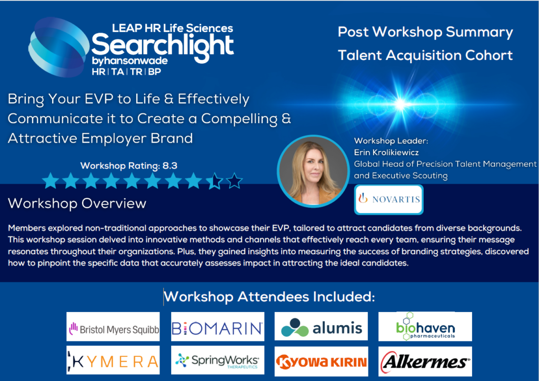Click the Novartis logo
click(x=388, y=199)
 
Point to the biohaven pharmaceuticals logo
click(x=425, y=327)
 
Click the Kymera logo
click(x=113, y=361)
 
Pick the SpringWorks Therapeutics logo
click(x=217, y=361)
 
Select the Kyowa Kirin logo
click(x=321, y=362)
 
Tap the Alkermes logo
click(x=425, y=362)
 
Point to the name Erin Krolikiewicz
click(x=387, y=153)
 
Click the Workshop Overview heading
click(x=77, y=203)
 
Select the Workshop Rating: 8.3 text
click(x=129, y=166)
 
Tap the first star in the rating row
click(x=51, y=182)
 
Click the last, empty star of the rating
click(x=235, y=182)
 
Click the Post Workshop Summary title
click(x=425, y=32)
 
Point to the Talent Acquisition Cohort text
click(x=425, y=55)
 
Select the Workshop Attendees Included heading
click(x=269, y=297)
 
